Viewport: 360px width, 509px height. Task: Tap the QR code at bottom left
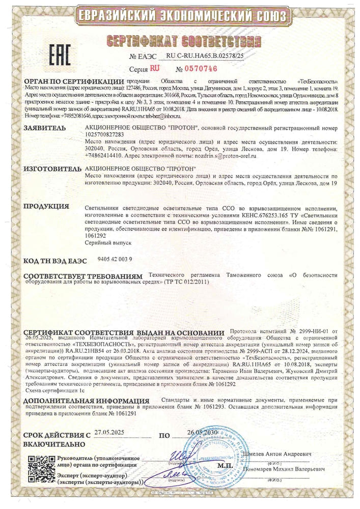(x=39, y=468)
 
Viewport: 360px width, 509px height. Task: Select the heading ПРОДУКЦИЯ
(x=46, y=206)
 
